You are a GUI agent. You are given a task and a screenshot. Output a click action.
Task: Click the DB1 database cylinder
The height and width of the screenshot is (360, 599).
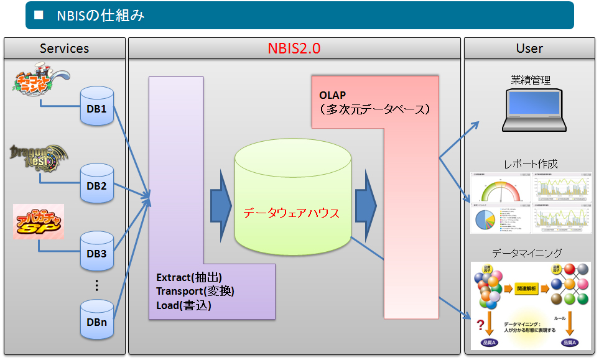pyautogui.click(x=97, y=106)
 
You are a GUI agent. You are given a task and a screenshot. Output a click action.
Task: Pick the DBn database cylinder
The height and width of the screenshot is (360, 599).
pyautogui.click(x=97, y=320)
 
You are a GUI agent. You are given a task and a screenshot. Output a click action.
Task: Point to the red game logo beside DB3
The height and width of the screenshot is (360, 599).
pyautogui.click(x=39, y=223)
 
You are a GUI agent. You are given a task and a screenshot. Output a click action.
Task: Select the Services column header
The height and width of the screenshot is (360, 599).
pyautogui.click(x=64, y=48)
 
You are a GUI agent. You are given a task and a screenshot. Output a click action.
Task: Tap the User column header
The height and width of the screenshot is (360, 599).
pyautogui.click(x=529, y=48)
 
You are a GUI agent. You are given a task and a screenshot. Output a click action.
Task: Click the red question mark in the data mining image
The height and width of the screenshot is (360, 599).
pyautogui.click(x=480, y=324)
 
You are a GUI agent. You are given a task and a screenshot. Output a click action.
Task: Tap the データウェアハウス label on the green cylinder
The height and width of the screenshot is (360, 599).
pyautogui.click(x=291, y=213)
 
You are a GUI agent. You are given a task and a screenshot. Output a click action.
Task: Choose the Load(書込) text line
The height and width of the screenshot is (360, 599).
pyautogui.click(x=183, y=305)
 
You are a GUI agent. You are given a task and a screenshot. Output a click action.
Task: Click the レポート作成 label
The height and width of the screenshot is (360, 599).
pyautogui.click(x=531, y=164)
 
